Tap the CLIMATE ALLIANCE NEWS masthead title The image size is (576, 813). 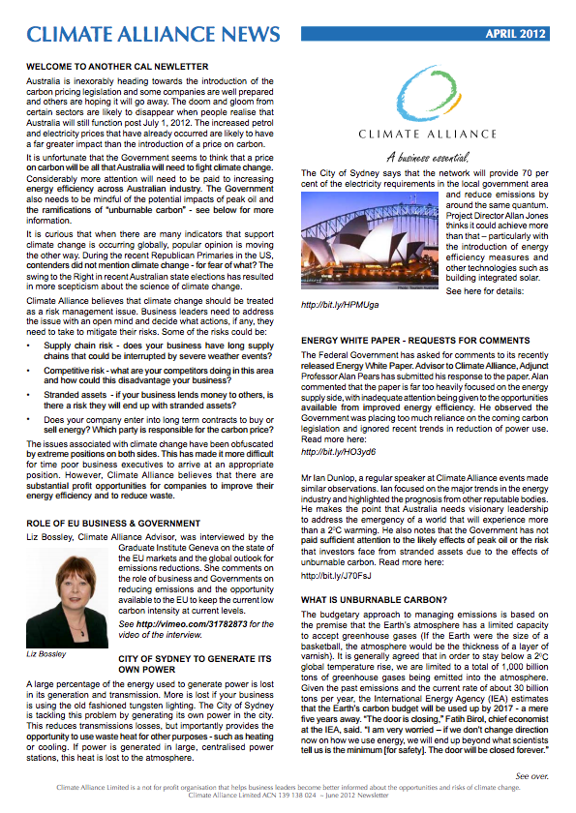(x=154, y=35)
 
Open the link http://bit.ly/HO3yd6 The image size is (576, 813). (x=336, y=451)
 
